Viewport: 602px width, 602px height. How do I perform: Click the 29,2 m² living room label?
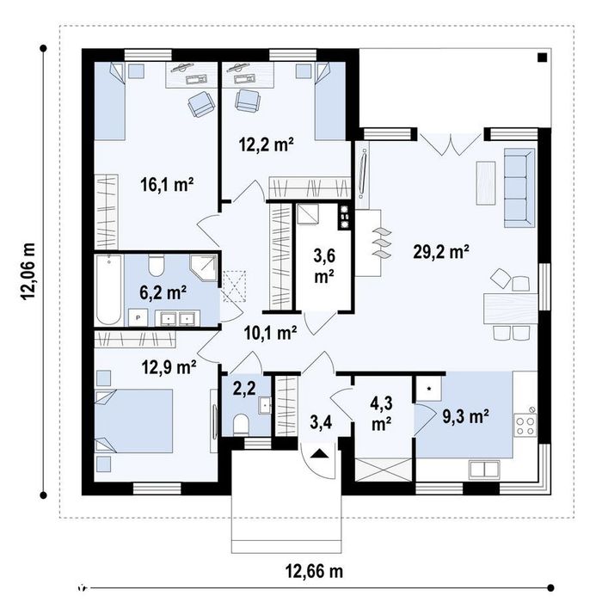(440, 252)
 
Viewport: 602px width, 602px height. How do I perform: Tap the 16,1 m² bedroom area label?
(167, 185)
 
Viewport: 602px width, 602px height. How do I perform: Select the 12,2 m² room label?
(267, 144)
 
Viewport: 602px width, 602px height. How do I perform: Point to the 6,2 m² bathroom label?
(163, 293)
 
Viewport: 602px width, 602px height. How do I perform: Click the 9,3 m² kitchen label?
(466, 416)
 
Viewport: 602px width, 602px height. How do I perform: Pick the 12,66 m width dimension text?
(314, 571)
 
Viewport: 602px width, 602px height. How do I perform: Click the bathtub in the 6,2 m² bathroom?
(109, 290)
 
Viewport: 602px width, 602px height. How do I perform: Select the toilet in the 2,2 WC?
(241, 424)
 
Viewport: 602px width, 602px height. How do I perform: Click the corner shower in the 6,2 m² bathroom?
(204, 267)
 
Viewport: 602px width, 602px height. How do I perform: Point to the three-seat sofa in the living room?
(519, 187)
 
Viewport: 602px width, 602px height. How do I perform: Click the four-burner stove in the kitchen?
(525, 426)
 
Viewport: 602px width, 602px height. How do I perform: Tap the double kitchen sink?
(484, 470)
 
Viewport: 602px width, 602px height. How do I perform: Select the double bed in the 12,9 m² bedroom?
(133, 421)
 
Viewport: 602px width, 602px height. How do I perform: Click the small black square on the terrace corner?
(542, 58)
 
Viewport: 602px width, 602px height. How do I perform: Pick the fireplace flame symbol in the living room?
(381, 243)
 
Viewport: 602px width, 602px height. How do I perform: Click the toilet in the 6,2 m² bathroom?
(157, 265)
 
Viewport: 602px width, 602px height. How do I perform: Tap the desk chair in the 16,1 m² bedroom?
(200, 104)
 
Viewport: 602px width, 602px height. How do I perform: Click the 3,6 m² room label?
(324, 266)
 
